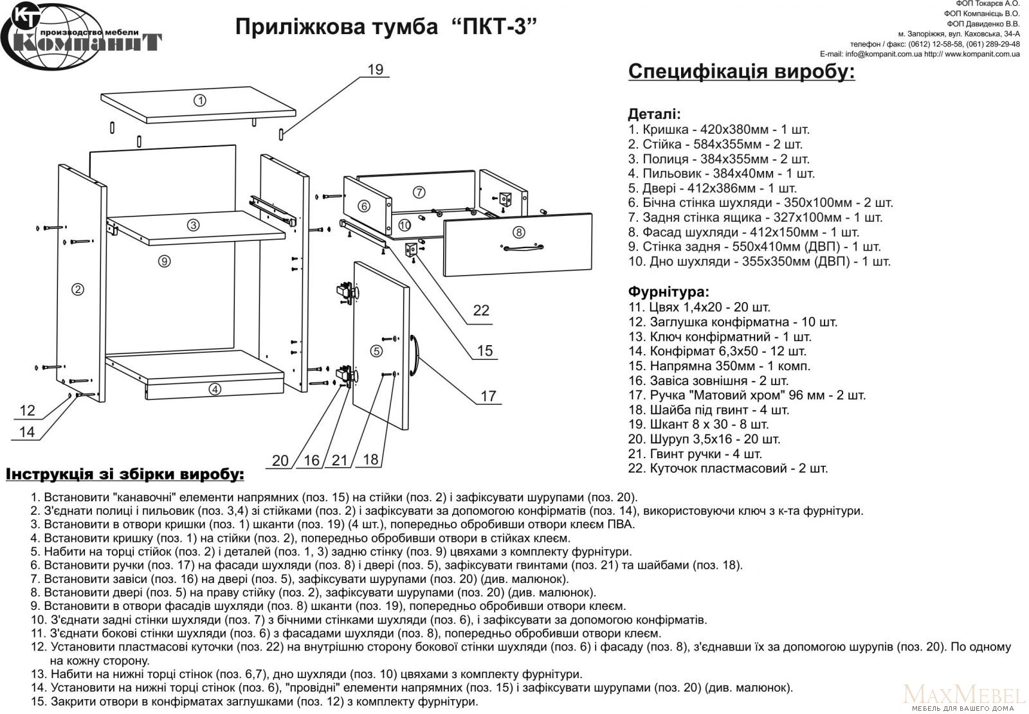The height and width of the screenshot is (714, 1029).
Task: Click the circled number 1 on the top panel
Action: (199, 100)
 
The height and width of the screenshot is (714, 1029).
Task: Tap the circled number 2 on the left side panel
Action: (77, 290)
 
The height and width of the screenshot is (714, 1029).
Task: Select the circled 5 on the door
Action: (376, 351)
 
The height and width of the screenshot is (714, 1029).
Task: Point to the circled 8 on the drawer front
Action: (519, 232)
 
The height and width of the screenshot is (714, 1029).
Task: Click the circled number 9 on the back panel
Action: (165, 261)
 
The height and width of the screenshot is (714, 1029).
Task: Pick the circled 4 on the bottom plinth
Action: (215, 388)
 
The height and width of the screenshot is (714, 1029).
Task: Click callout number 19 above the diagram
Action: (376, 69)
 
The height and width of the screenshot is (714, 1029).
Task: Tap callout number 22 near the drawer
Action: (481, 310)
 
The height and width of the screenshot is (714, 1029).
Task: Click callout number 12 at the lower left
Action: (27, 410)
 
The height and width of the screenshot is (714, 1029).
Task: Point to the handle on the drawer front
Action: (524, 247)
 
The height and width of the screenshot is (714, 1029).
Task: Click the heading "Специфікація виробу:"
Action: (741, 71)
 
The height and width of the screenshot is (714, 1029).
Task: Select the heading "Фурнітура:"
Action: (668, 292)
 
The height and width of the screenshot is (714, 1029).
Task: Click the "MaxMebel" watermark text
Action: (963, 695)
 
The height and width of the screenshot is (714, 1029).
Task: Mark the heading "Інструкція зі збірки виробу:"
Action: (125, 475)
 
